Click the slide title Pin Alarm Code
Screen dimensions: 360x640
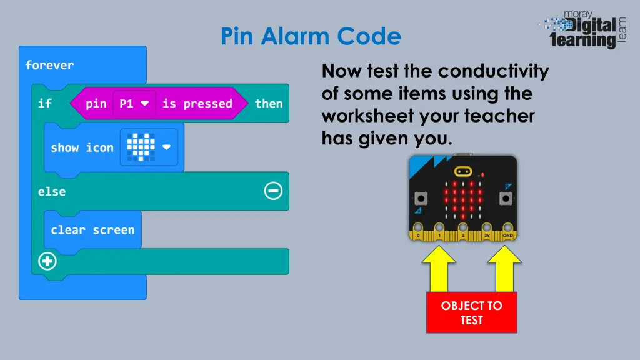pos(311,36)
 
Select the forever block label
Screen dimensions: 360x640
pos(49,65)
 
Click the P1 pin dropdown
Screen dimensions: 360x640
pos(134,104)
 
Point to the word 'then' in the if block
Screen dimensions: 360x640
pos(269,104)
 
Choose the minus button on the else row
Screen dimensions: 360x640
pos(273,191)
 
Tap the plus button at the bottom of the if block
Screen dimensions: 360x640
pos(47,262)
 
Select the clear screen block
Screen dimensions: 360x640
pos(92,230)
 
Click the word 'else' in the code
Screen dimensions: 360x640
pos(51,191)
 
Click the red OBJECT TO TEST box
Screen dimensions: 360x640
pos(471,312)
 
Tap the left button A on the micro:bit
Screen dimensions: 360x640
pos(421,199)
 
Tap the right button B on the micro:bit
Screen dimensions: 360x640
pos(504,199)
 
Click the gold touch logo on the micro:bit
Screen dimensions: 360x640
pos(462,171)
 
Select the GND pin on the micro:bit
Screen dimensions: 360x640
pos(507,229)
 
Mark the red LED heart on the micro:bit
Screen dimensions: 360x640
pos(462,199)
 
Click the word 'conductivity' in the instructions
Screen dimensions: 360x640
pos(493,71)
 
